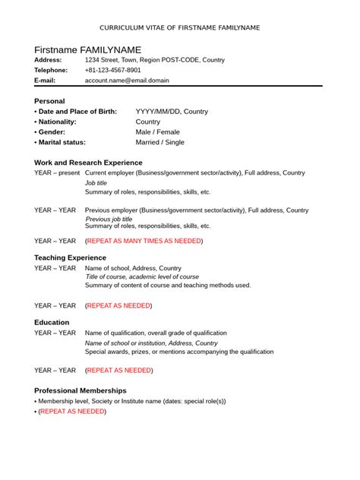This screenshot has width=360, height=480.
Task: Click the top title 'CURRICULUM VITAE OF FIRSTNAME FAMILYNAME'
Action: click(180, 27)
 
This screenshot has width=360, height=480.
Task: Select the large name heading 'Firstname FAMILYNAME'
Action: click(88, 49)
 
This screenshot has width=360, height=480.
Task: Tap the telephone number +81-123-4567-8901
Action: click(113, 69)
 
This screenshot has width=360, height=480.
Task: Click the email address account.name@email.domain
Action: click(127, 80)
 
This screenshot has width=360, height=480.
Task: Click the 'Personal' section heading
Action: click(50, 100)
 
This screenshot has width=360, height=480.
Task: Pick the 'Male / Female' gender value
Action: click(158, 131)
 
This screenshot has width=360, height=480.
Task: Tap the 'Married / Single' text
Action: click(160, 142)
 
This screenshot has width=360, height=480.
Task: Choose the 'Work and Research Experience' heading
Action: click(88, 163)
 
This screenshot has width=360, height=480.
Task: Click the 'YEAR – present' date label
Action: click(57, 173)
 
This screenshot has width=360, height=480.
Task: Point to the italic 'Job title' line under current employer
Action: click(96, 183)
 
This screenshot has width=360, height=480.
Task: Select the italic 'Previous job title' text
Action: click(114, 219)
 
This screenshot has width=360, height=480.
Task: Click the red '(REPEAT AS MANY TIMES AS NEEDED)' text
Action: click(144, 241)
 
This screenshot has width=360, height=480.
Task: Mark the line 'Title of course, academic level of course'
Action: click(142, 276)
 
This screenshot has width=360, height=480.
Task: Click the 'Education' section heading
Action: click(52, 322)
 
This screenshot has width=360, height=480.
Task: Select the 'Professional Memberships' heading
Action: click(81, 390)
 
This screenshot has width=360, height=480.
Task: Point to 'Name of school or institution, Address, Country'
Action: click(151, 343)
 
